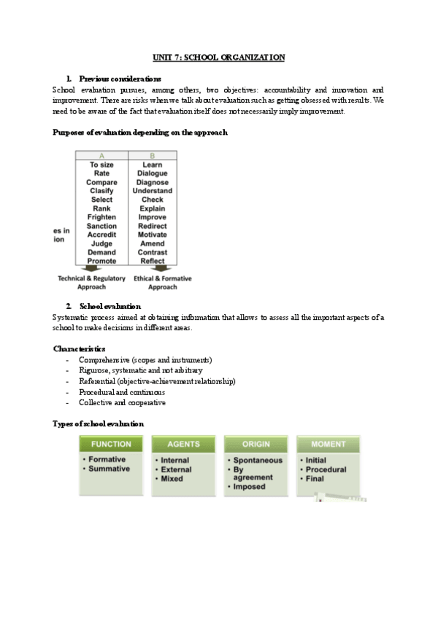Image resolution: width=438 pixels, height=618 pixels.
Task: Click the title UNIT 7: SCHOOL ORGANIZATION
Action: [218, 56]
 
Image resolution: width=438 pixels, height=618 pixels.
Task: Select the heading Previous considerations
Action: [120, 78]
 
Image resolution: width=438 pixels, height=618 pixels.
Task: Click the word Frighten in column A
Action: [101, 217]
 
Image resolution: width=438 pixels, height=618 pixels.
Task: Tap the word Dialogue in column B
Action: [153, 173]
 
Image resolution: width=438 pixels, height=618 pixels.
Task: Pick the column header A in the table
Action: [101, 155]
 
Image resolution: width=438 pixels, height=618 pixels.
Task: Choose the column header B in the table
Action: [153, 155]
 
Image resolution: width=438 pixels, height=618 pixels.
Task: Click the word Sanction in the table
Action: [101, 226]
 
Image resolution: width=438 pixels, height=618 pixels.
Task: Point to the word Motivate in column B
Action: [153, 235]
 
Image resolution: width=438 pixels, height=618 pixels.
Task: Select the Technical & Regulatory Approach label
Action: [92, 282]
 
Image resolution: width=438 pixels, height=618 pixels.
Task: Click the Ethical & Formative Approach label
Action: [162, 282]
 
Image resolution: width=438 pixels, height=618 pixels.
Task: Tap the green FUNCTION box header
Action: [111, 444]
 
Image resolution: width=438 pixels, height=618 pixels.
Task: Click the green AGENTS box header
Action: [183, 444]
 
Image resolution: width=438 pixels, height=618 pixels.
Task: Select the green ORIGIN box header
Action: [255, 444]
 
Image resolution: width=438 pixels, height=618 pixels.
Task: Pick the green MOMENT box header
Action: [328, 444]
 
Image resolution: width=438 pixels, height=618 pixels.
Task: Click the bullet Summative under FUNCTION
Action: [109, 469]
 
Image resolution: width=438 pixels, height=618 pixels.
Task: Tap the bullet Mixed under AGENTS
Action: [172, 479]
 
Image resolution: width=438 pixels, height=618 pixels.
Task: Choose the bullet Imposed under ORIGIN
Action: [249, 487]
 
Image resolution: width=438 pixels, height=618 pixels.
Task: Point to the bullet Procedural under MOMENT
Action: [326, 469]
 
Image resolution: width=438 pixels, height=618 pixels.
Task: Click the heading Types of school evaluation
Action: [99, 423]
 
